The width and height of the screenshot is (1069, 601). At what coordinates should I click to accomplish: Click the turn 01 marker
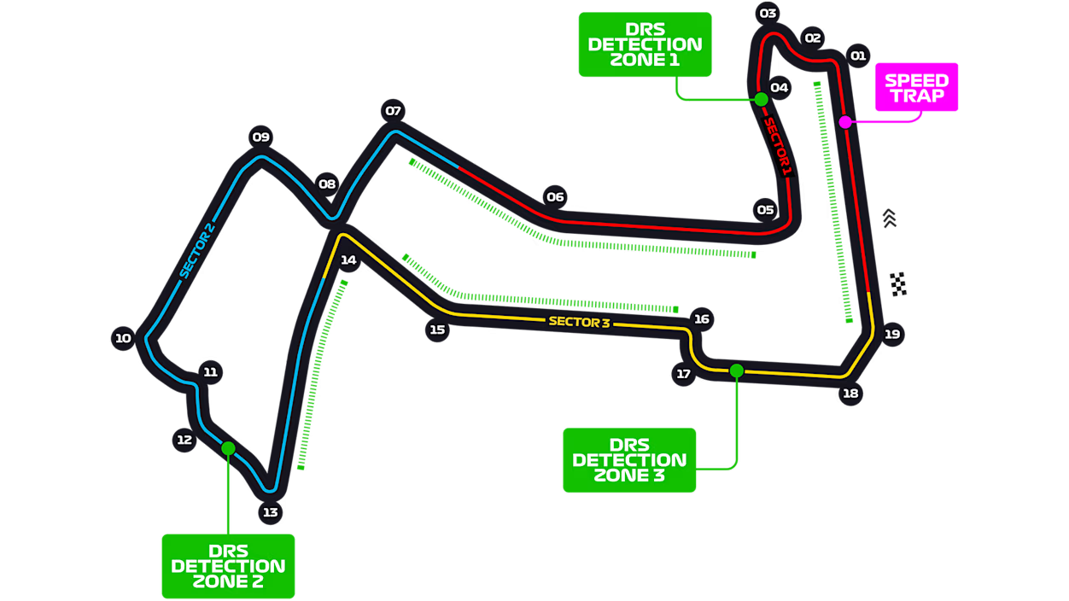pyautogui.click(x=858, y=55)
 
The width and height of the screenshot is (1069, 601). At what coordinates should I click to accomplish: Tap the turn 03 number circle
pyautogui.click(x=768, y=14)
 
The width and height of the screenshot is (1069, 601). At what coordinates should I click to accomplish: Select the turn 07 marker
pyautogui.click(x=394, y=111)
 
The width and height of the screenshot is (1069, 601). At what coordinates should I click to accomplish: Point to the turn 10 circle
pyautogui.click(x=123, y=338)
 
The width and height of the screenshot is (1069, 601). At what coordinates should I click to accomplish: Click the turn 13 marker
pyautogui.click(x=271, y=512)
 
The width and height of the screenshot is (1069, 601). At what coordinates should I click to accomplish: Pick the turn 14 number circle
pyautogui.click(x=348, y=260)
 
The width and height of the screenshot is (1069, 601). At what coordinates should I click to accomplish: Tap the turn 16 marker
pyautogui.click(x=702, y=319)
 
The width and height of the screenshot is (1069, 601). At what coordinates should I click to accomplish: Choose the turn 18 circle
pyautogui.click(x=850, y=394)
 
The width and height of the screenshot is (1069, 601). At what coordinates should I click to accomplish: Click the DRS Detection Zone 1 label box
pyautogui.click(x=645, y=44)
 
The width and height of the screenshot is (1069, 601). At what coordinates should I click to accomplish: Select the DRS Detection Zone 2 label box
pyautogui.click(x=228, y=566)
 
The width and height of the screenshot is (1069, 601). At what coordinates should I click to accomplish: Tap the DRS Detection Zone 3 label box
pyautogui.click(x=629, y=460)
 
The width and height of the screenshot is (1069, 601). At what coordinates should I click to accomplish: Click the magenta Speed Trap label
pyautogui.click(x=917, y=87)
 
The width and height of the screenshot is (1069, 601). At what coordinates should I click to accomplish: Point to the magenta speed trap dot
pyautogui.click(x=845, y=122)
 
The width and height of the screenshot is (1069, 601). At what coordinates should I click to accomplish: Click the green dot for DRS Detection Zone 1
pyautogui.click(x=761, y=99)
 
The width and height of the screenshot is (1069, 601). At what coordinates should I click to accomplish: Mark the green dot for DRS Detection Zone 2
pyautogui.click(x=228, y=448)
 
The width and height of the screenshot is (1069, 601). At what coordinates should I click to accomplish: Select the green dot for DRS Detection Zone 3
pyautogui.click(x=736, y=371)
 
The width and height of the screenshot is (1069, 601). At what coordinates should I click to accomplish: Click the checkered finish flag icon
pyautogui.click(x=898, y=284)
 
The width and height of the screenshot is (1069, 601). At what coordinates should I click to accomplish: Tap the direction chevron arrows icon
pyautogui.click(x=889, y=219)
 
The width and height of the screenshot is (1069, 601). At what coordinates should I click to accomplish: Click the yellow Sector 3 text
pyautogui.click(x=580, y=322)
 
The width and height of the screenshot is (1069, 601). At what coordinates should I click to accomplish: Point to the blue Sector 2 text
pyautogui.click(x=197, y=250)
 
